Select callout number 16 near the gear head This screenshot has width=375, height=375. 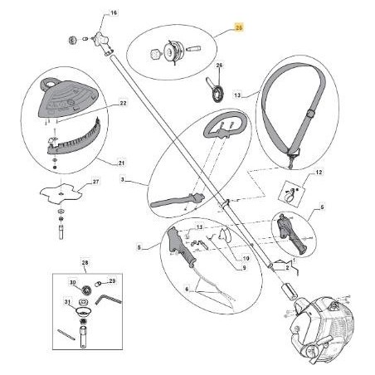114,14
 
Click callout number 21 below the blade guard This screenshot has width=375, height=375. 123,162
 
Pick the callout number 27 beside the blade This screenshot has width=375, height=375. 95,182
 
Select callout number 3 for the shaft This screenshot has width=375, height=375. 122,178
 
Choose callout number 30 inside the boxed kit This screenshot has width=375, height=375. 73,283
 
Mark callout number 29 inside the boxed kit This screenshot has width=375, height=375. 113,281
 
